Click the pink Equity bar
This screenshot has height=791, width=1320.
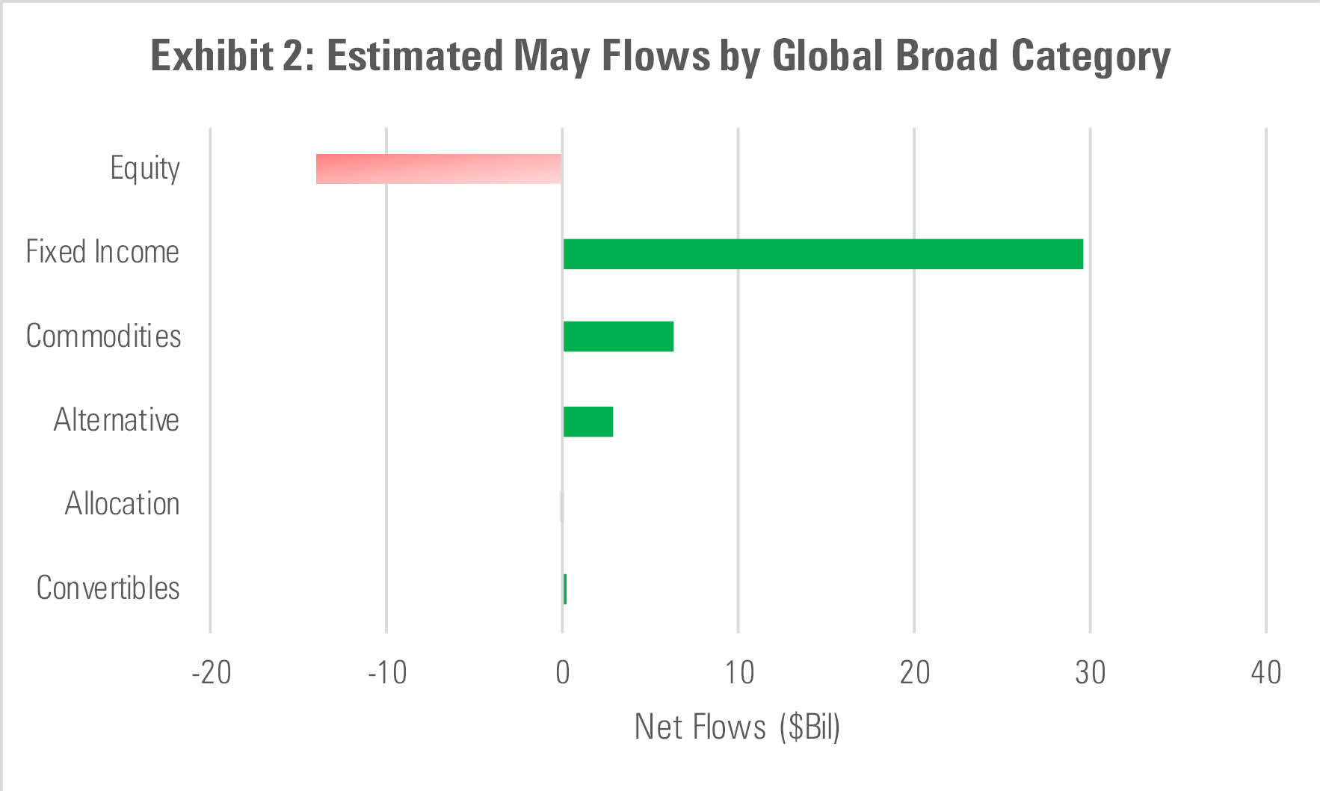pos(439,169)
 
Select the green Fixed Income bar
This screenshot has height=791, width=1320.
pos(823,254)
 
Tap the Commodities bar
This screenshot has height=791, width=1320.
pos(618,336)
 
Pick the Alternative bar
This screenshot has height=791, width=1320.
pos(588,422)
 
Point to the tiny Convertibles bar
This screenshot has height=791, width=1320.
pos(565,589)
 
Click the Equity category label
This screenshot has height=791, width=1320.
pos(145,169)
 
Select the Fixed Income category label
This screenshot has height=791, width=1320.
pos(102,253)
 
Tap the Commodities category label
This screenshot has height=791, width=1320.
pos(103,336)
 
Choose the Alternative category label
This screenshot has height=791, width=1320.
pos(116,420)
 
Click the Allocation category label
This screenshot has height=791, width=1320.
pos(122,504)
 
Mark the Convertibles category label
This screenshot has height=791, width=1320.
pos(108,588)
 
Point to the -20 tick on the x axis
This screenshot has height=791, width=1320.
pos(212,673)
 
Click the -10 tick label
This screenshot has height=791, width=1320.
pos(387,673)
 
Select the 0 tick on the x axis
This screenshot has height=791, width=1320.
pos(563,673)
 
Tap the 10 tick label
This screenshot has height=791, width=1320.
pos(738,673)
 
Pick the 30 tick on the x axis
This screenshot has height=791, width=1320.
pos(1091,673)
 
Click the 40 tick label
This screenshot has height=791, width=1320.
pos(1266,673)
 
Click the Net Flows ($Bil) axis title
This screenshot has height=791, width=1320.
pos(737,727)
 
